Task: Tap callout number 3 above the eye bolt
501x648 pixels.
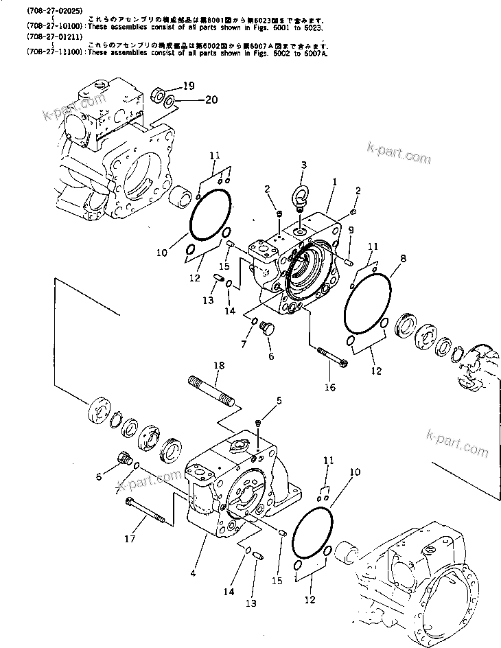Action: pyautogui.click(x=303, y=165)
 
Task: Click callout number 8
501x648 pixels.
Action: pyautogui.click(x=404, y=259)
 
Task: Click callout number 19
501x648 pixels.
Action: pyautogui.click(x=189, y=86)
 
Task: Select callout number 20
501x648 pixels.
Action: pyautogui.click(x=191, y=100)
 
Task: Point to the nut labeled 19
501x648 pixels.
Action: pyautogui.click(x=156, y=91)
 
